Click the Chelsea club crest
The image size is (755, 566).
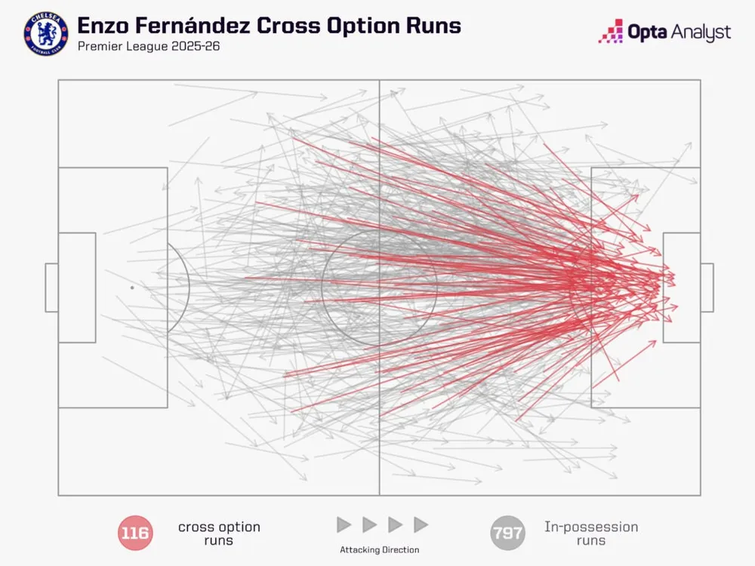tap(46, 34)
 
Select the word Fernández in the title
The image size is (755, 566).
tap(192, 26)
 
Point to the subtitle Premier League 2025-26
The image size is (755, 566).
tap(149, 46)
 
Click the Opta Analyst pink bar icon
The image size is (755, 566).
tap(611, 32)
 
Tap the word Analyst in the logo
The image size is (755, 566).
tap(701, 32)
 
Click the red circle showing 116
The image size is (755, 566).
tap(135, 533)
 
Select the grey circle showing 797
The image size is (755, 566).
tap(507, 533)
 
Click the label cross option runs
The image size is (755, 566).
tap(219, 534)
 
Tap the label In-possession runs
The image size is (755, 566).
tap(591, 534)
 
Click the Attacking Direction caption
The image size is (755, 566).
tap(380, 549)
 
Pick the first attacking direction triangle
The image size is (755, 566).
tap(344, 524)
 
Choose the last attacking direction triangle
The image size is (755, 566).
tap(421, 524)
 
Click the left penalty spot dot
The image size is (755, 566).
tap(132, 288)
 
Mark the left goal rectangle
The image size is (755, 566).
tap(51, 288)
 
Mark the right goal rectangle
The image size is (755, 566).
tap(707, 288)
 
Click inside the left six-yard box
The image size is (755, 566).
tap(77, 288)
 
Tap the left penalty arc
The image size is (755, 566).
tap(189, 288)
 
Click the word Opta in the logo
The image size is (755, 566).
tap(647, 32)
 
